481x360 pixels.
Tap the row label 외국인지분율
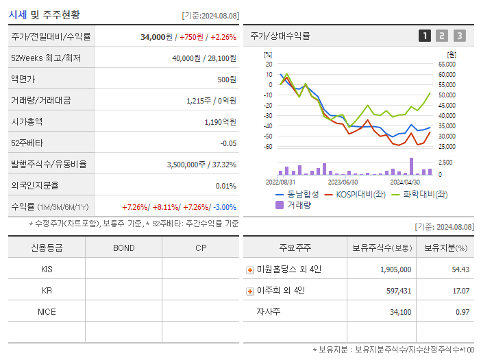tap(35, 186)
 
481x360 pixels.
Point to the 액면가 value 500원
tap(226, 80)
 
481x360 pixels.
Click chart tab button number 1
tap(425, 36)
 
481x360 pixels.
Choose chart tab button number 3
tap(459, 36)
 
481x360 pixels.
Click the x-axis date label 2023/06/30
tap(343, 182)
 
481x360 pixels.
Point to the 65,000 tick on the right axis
tap(446, 64)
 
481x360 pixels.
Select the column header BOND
tap(123, 248)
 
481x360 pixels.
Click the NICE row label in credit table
tap(47, 312)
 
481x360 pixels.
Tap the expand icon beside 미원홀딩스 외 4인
tap(250, 270)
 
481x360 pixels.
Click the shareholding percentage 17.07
tap(460, 291)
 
